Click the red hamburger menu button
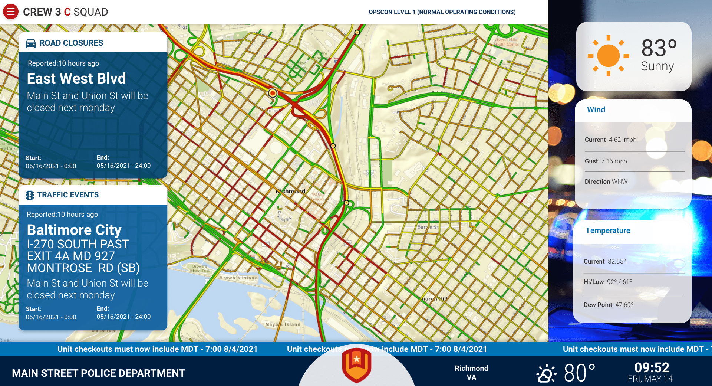tap(11, 12)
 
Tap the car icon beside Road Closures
tap(31, 43)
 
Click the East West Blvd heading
tap(76, 79)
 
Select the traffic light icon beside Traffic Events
tap(30, 195)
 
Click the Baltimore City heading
tap(74, 230)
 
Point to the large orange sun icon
tap(608, 56)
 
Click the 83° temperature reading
tap(659, 48)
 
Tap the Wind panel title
tap(596, 110)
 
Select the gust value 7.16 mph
tap(614, 161)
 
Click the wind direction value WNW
tap(619, 181)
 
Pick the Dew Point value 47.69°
tap(624, 305)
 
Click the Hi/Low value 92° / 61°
tap(619, 282)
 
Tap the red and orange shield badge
tap(356, 365)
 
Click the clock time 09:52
tap(652, 367)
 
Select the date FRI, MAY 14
tap(650, 379)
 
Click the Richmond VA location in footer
tap(471, 373)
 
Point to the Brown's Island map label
tap(238, 278)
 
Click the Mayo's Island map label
tap(283, 324)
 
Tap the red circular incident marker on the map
tap(273, 93)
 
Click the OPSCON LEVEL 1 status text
tap(442, 12)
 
